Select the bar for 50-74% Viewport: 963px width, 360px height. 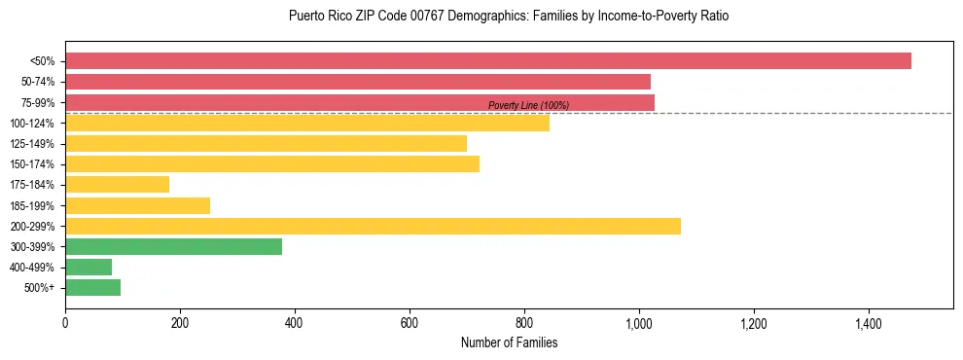click(358, 82)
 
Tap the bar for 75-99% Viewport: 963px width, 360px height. click(360, 102)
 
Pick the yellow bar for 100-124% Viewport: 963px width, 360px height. click(307, 123)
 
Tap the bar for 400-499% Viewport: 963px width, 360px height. click(89, 267)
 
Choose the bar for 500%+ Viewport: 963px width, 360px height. click(93, 287)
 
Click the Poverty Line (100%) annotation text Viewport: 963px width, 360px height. click(528, 105)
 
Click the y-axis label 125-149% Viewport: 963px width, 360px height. click(33, 144)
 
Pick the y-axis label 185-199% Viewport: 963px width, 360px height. click(33, 205)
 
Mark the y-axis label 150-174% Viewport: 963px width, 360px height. click(33, 164)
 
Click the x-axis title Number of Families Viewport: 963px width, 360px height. click(509, 342)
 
